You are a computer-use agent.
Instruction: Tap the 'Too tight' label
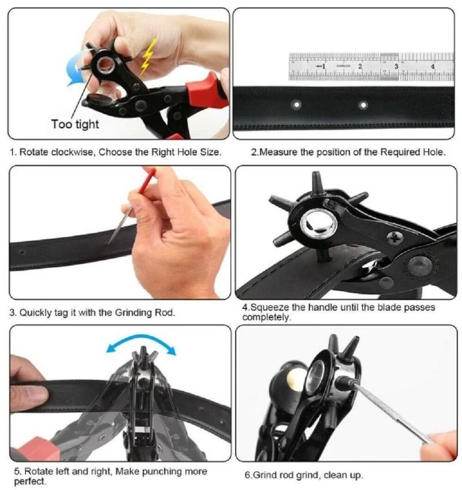[x=75, y=124]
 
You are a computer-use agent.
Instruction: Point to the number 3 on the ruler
[x=396, y=66]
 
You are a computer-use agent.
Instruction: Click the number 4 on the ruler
[x=433, y=66]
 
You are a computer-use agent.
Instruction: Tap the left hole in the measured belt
[x=297, y=105]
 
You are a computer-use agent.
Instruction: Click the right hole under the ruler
[x=363, y=105]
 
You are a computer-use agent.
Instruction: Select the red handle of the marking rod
[x=148, y=177]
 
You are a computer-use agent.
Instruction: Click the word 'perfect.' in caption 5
[x=28, y=481]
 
